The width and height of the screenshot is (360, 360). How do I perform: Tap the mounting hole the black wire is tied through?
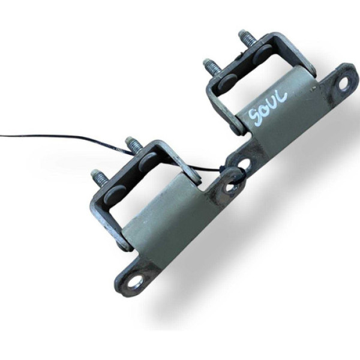(x=232, y=184)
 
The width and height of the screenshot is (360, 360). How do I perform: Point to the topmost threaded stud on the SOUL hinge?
(x=246, y=38)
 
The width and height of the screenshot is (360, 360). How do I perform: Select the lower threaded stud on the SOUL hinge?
(x=211, y=66)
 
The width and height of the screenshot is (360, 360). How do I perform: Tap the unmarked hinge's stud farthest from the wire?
(x=98, y=178)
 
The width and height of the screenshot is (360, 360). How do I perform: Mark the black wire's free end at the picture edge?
(x=2, y=136)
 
